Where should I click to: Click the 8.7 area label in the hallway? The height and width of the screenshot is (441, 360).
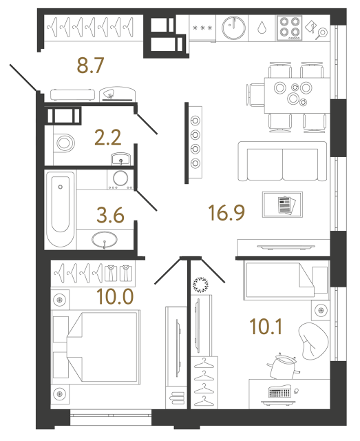coord(90,66)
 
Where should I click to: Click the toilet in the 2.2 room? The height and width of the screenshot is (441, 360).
coord(65,143)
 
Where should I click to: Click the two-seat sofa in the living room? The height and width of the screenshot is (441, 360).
coord(282,161)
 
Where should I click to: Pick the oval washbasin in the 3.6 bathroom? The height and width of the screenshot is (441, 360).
coord(104,240)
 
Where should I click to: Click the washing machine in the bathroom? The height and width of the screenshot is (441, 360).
coord(121,179)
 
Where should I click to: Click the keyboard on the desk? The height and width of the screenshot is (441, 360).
coord(279,393)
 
